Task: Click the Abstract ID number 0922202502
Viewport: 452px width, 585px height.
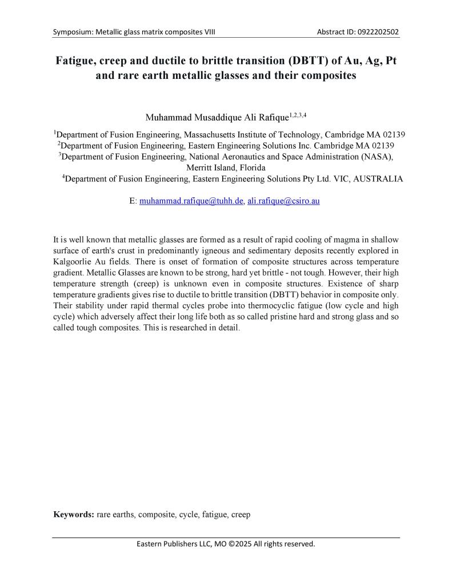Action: tap(376, 31)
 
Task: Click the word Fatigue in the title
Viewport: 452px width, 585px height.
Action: tap(77, 61)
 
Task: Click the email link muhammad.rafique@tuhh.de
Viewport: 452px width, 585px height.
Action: tap(192, 202)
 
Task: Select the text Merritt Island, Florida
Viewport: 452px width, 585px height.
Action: tap(226, 168)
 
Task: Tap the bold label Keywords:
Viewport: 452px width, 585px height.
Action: tap(73, 514)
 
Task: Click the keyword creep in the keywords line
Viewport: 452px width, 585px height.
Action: tap(241, 514)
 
